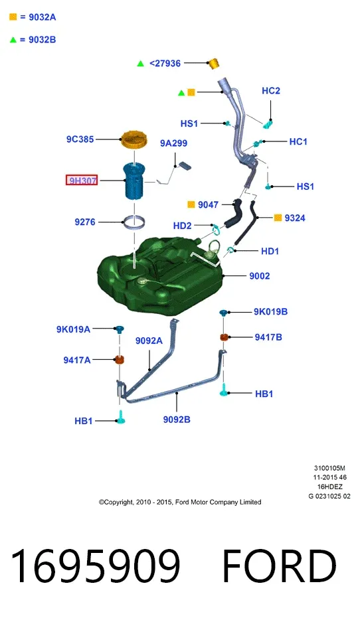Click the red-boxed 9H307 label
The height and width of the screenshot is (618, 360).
click(x=82, y=181)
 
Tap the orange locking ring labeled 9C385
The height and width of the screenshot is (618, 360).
click(x=134, y=140)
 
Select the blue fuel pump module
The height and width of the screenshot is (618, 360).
click(x=134, y=181)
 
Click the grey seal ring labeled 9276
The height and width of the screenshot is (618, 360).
click(x=134, y=222)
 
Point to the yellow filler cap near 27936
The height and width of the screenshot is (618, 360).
click(x=213, y=64)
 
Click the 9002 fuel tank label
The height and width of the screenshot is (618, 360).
click(x=260, y=276)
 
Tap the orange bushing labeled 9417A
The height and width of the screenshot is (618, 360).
click(x=119, y=360)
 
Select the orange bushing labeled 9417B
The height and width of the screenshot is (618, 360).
click(x=224, y=337)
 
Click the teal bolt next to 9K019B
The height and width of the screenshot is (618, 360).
click(x=224, y=313)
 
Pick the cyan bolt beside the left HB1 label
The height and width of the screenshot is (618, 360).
click(x=121, y=418)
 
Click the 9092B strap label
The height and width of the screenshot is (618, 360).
click(x=177, y=420)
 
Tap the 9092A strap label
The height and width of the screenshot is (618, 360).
click(x=149, y=341)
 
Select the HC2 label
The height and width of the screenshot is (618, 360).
click(x=271, y=91)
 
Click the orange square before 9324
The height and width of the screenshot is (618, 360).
click(x=278, y=218)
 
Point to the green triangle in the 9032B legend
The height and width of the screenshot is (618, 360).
click(x=13, y=39)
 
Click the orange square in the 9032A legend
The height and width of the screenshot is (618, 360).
click(x=13, y=17)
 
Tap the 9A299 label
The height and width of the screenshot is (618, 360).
click(x=173, y=143)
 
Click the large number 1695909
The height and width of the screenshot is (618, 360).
click(x=96, y=566)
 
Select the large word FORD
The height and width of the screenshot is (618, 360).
click(x=280, y=566)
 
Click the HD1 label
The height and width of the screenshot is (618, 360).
click(x=270, y=251)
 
